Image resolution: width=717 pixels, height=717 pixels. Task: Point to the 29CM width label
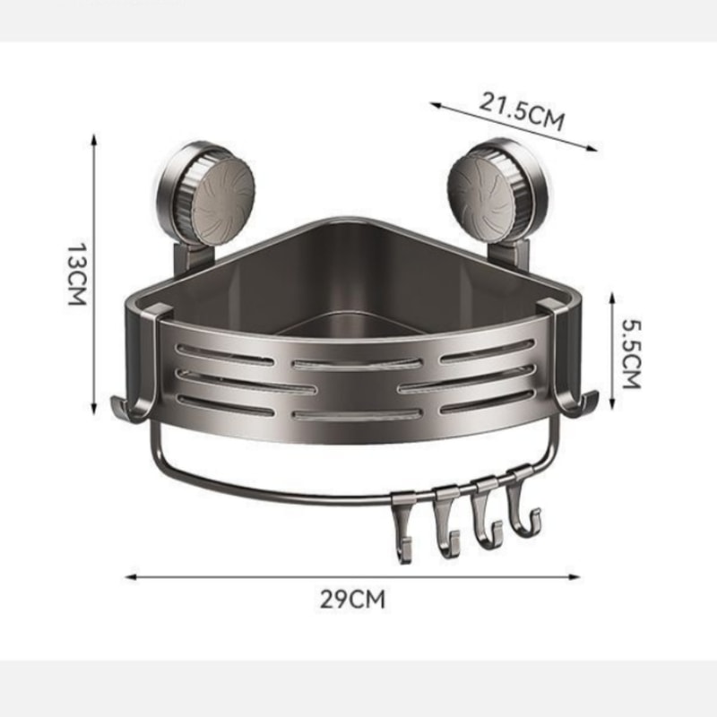352,599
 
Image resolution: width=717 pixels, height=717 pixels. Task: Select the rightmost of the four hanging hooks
519,511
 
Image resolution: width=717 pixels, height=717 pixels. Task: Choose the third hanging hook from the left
485,519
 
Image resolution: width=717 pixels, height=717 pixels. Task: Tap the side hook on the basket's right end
579,405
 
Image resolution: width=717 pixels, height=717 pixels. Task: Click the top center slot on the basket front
357,364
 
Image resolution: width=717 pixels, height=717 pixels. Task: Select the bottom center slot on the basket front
357,415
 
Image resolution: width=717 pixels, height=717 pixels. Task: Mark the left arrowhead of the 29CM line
128,576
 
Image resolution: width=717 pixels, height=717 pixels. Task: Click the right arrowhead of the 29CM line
577,576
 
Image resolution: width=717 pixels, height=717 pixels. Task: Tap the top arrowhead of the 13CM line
94,137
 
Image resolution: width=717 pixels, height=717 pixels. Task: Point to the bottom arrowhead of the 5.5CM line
612,402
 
